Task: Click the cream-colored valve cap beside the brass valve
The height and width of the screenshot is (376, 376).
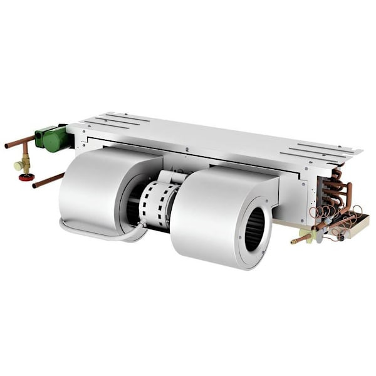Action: tap(19, 165)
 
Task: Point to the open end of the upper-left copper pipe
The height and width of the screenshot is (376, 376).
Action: tap(7, 146)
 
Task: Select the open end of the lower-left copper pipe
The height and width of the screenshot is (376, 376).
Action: tap(35, 185)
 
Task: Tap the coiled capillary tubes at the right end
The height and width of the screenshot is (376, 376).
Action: tap(338, 219)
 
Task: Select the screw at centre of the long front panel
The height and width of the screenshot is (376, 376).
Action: tap(187, 149)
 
